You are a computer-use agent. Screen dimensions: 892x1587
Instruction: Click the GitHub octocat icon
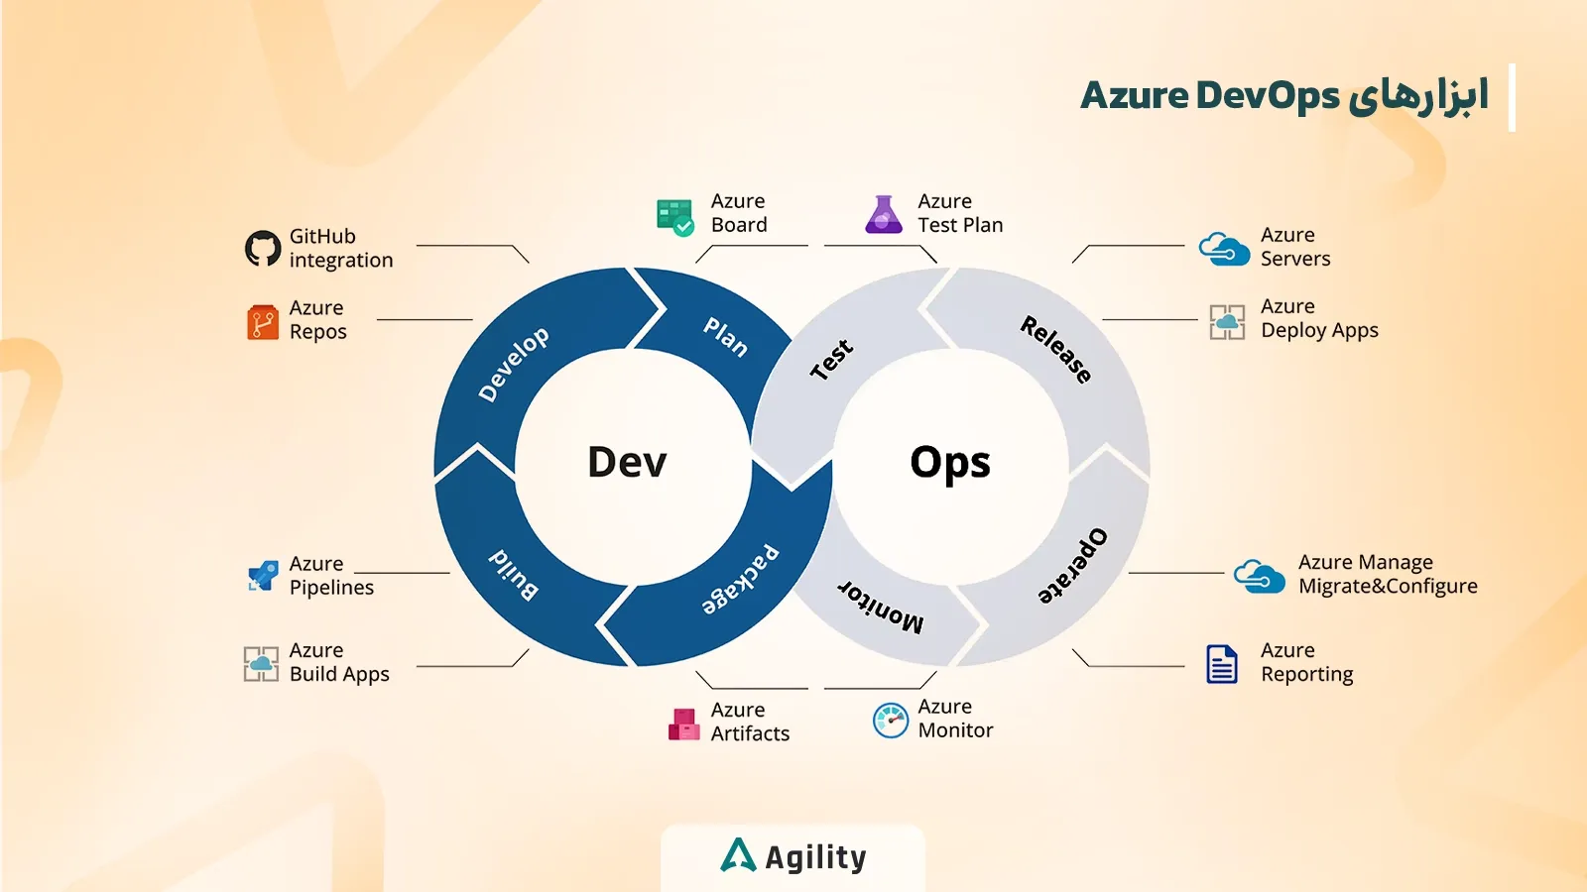tap(263, 249)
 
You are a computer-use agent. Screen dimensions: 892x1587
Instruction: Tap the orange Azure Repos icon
tap(263, 322)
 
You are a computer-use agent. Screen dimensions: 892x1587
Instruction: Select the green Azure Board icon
tap(674, 216)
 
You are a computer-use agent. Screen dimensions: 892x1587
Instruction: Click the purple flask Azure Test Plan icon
tap(883, 215)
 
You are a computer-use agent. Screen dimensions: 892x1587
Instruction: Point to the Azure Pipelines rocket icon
tap(263, 576)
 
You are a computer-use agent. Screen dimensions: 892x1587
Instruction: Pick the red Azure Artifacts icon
tap(683, 725)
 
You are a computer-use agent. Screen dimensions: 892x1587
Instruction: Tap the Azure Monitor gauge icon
tap(890, 721)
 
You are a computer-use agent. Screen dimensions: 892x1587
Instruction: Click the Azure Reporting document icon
tap(1221, 664)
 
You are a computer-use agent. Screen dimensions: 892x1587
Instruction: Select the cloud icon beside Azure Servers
tap(1224, 249)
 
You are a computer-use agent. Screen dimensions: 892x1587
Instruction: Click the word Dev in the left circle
tap(627, 463)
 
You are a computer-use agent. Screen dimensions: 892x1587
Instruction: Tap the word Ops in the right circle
tap(949, 463)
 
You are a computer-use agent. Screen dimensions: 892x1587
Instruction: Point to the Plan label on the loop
tap(726, 337)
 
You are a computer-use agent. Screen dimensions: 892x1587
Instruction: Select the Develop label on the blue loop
tap(513, 364)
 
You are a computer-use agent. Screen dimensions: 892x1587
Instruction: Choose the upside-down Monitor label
tap(881, 606)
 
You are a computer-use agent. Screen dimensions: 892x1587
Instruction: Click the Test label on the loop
tap(831, 360)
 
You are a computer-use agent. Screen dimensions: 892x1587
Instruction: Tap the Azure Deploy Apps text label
tap(1319, 318)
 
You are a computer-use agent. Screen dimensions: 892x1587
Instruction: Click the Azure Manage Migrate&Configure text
tap(1387, 574)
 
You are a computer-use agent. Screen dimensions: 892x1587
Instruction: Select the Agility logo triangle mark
tap(738, 855)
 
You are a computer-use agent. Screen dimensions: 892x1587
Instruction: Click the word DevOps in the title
tap(1268, 96)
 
